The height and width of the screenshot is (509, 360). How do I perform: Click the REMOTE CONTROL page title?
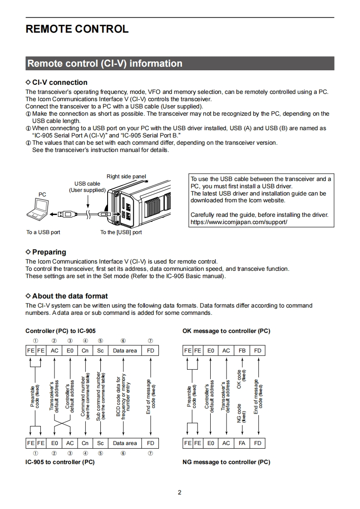click(x=77, y=29)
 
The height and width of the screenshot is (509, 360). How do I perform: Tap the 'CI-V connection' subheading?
click(x=59, y=82)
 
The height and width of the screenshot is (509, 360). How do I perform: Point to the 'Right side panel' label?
click(x=126, y=176)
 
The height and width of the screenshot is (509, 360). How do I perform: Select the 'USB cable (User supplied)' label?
click(x=87, y=187)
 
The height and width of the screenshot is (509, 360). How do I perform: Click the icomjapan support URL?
click(x=239, y=222)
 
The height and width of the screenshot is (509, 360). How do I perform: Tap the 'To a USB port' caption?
click(x=43, y=232)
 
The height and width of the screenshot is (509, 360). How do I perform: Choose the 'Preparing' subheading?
click(x=49, y=252)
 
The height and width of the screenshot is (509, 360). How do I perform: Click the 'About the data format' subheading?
click(x=70, y=296)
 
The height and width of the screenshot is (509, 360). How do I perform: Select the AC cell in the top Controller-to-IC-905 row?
click(x=54, y=351)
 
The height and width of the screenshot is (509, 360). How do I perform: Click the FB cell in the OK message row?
click(x=242, y=351)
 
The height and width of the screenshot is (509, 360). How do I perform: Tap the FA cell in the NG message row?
click(x=242, y=443)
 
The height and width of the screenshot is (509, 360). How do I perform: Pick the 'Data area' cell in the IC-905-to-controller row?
click(x=125, y=443)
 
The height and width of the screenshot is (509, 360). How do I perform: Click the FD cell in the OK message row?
click(x=258, y=351)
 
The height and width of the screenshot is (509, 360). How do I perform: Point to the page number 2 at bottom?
click(x=180, y=493)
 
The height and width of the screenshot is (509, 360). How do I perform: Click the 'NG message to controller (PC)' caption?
click(x=226, y=462)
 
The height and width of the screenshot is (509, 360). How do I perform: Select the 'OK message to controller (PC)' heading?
click(x=226, y=331)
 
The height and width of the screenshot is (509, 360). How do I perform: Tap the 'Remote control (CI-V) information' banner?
click(x=105, y=64)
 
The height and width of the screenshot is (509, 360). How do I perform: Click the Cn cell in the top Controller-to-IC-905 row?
click(x=85, y=351)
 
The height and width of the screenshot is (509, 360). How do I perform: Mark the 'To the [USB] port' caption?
click(x=121, y=232)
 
